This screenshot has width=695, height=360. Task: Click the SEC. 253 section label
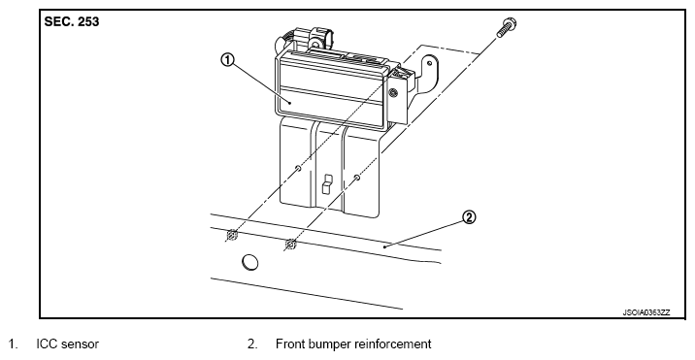pyautogui.click(x=72, y=21)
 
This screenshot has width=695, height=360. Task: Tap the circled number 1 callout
pyautogui.click(x=227, y=60)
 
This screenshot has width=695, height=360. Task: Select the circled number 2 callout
pyautogui.click(x=469, y=217)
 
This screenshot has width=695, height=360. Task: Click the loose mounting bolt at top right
pyautogui.click(x=507, y=27)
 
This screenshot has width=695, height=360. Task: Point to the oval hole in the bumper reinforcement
pyautogui.click(x=250, y=262)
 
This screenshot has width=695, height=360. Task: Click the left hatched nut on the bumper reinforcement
pyautogui.click(x=231, y=235)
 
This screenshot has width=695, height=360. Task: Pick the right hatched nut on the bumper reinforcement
pyautogui.click(x=290, y=244)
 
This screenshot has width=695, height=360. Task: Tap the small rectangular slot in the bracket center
pyautogui.click(x=326, y=184)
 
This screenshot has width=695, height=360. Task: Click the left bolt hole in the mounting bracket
pyautogui.click(x=298, y=169)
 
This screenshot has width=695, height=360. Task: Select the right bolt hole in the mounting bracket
pyautogui.click(x=357, y=178)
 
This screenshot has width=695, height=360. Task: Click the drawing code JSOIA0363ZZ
pyautogui.click(x=646, y=312)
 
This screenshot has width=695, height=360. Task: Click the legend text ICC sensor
pyautogui.click(x=67, y=344)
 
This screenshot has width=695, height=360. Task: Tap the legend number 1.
pyautogui.click(x=13, y=344)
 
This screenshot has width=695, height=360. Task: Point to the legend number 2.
pyautogui.click(x=252, y=344)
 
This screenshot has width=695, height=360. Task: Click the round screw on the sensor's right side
pyautogui.click(x=392, y=92)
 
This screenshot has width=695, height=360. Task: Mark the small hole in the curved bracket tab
pyautogui.click(x=429, y=63)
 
